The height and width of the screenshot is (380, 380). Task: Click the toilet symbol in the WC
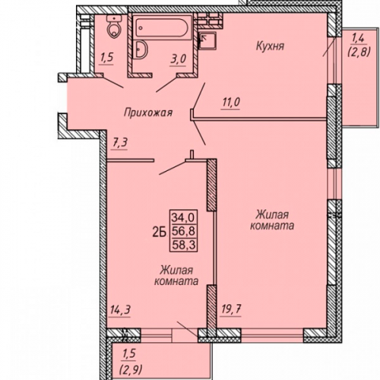(x=114, y=26)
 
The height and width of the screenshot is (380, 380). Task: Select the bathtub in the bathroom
(x=162, y=27)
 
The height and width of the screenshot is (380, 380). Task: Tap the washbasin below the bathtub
(x=141, y=49)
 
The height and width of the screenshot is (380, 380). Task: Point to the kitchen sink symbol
(x=207, y=41)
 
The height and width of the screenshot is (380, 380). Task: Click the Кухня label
(x=270, y=46)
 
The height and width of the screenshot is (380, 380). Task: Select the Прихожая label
(x=148, y=112)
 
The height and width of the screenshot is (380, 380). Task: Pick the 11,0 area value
(x=231, y=103)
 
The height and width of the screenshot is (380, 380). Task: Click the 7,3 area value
(x=119, y=143)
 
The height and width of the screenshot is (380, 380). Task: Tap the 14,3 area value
(x=120, y=309)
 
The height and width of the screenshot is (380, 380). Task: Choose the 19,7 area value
(x=230, y=309)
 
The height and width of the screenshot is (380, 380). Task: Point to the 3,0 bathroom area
(x=178, y=59)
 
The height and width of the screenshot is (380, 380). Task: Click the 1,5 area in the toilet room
(x=106, y=58)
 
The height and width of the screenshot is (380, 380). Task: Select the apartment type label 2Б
(x=159, y=232)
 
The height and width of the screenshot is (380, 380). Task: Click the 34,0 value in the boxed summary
(x=183, y=217)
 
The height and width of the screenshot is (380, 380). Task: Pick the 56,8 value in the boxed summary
(x=184, y=230)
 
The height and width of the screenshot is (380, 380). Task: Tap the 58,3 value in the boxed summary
(x=184, y=245)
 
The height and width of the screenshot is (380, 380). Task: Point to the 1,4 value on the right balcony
(x=358, y=39)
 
